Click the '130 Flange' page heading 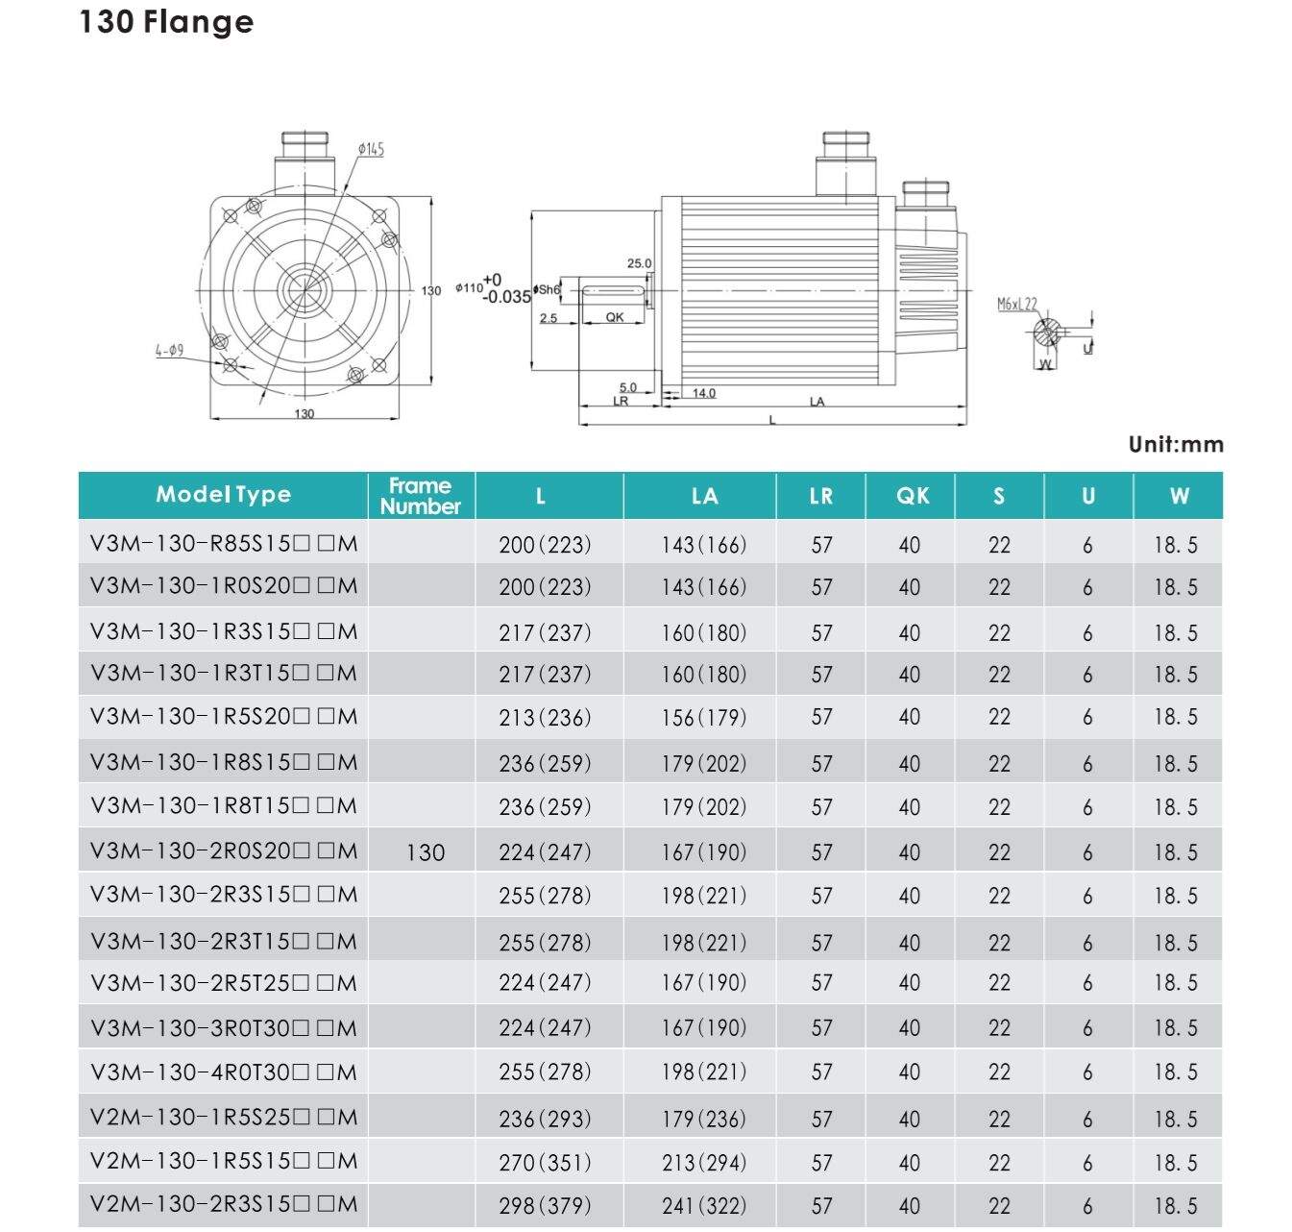pyautogui.click(x=166, y=22)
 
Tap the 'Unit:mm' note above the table pyautogui.click(x=1176, y=444)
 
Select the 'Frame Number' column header pyautogui.click(x=421, y=496)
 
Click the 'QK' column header pyautogui.click(x=913, y=496)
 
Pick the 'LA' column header pyautogui.click(x=704, y=496)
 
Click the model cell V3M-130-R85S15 pyautogui.click(x=224, y=544)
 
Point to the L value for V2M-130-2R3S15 pyautogui.click(x=545, y=1205)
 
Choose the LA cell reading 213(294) pyautogui.click(x=704, y=1162)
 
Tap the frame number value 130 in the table pyautogui.click(x=426, y=852)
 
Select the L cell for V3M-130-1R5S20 pyautogui.click(x=545, y=717)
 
